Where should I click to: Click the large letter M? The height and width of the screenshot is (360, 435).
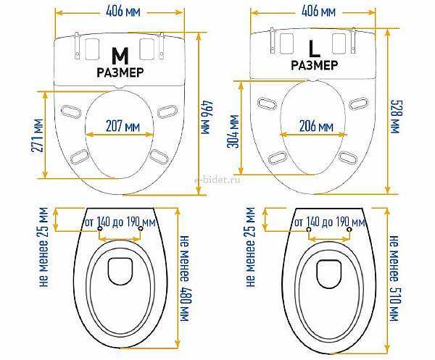[120, 56]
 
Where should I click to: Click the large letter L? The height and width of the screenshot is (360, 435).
[315, 49]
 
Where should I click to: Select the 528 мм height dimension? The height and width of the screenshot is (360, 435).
[396, 117]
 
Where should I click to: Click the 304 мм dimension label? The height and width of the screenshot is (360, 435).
[233, 132]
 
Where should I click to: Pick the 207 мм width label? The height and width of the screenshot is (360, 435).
[123, 126]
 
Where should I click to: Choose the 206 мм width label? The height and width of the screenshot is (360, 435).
[316, 126]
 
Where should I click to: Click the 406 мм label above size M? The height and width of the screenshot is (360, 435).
[123, 12]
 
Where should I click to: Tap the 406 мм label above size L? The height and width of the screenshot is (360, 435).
[318, 12]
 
